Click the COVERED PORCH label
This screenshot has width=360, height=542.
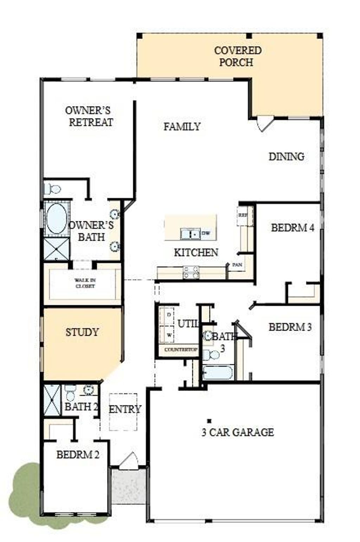[238, 56]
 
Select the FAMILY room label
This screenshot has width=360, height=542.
[182, 126]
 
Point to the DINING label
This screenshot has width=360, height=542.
[286, 157]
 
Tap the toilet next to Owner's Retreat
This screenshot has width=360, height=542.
[52, 189]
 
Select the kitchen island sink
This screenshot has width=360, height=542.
[190, 233]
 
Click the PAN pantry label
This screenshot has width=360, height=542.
[237, 265]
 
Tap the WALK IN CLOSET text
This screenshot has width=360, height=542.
[85, 283]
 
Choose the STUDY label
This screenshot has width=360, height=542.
[82, 332]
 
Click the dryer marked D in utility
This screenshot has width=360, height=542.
[169, 315]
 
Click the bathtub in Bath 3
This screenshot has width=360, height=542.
[218, 372]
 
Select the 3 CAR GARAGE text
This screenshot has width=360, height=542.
[238, 432]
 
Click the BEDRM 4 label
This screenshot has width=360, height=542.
[292, 228]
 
